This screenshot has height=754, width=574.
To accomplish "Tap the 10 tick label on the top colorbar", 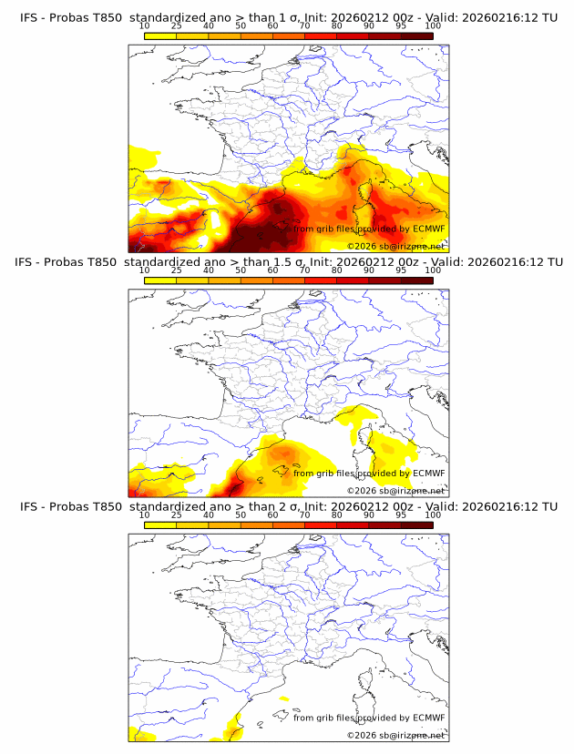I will pyautogui.click(x=145, y=26).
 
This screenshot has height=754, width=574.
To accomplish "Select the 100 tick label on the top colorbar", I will pyautogui.click(x=433, y=26).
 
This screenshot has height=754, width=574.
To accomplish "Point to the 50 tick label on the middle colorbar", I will pyautogui.click(x=241, y=270).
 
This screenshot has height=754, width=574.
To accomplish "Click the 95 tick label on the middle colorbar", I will pyautogui.click(x=401, y=270).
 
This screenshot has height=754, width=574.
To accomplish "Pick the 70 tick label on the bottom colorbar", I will pyautogui.click(x=304, y=515).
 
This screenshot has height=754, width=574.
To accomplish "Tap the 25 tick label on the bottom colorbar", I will pyautogui.click(x=177, y=515).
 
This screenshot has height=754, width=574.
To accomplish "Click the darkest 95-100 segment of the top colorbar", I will pyautogui.click(x=416, y=36).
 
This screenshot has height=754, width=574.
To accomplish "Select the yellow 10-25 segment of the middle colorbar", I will pyautogui.click(x=160, y=280).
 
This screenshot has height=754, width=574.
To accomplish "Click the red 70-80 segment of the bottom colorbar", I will pyautogui.click(x=321, y=524).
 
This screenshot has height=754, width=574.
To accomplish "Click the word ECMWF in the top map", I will pyautogui.click(x=429, y=229).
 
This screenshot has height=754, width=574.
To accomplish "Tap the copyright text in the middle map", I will pyautogui.click(x=395, y=490).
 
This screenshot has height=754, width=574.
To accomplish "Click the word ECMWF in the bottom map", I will pyautogui.click(x=429, y=718).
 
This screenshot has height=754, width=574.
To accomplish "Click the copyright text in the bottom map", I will pyautogui.click(x=395, y=734).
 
